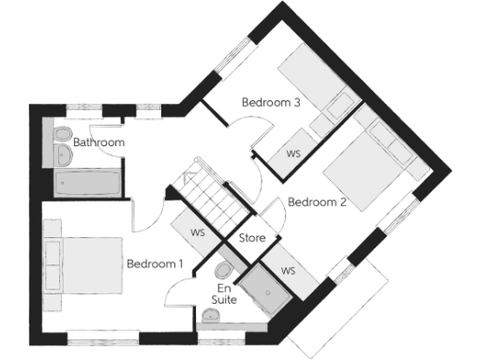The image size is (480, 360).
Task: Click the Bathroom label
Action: [98, 142]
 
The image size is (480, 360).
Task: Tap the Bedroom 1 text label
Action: [155, 264]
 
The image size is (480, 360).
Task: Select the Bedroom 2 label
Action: [317, 202]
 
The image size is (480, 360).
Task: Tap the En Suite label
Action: [226, 294]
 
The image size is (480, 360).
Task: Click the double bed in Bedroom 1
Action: [84, 268]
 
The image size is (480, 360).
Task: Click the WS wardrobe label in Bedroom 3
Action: [292, 152]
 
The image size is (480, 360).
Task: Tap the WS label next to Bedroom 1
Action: [197, 232]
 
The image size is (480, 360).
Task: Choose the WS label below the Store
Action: [288, 271]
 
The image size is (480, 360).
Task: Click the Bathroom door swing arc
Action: [145, 217]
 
